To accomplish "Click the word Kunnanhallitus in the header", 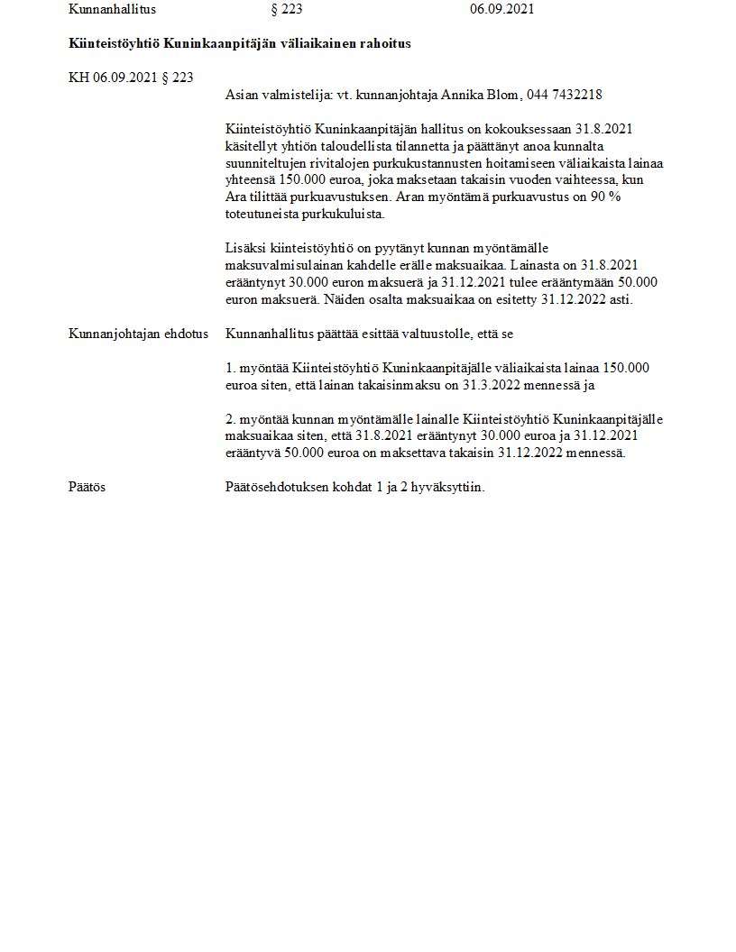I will pos(112,10).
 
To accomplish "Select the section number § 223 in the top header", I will pos(286,10).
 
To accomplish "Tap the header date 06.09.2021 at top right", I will pos(501,10).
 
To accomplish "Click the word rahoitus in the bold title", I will pos(383,43).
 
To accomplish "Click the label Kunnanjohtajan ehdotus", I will pos(138,334).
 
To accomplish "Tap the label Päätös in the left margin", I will pos(87,487).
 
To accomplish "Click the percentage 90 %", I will pos(605,197).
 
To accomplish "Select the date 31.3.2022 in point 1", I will pos(493,385).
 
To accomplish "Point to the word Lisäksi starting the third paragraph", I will pos(244,248).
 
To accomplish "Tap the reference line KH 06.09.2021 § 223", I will pos(131,78).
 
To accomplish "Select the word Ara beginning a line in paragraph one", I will pos(236,197).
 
